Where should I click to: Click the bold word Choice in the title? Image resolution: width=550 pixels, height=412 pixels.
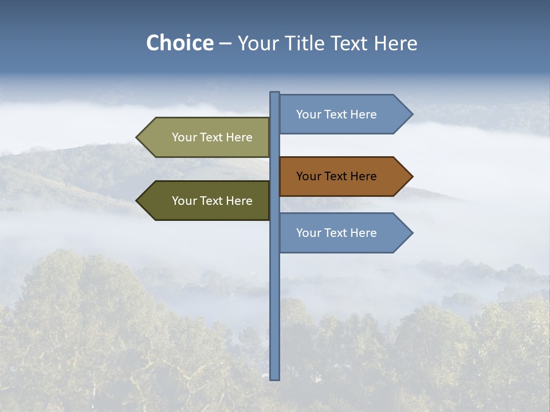point(179,43)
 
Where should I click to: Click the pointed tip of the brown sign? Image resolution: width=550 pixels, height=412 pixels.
point(411,176)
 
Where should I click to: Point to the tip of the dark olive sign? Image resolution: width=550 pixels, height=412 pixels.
point(137,201)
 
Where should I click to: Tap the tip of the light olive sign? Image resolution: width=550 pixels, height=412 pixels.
point(137,137)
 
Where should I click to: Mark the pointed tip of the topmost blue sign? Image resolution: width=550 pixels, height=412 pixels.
point(411,114)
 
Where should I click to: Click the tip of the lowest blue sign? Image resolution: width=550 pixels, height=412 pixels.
point(411,233)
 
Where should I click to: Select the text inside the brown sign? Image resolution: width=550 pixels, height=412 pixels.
point(336,176)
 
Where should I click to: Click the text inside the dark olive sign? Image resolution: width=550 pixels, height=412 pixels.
point(212,201)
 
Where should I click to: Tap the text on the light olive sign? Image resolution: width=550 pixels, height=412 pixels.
point(212,137)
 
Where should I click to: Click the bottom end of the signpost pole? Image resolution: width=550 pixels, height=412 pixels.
point(275,378)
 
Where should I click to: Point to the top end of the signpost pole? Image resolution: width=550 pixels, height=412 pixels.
point(275,93)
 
